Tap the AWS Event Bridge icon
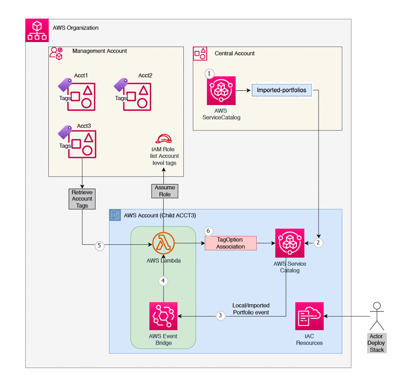tap(163, 316)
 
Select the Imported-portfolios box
tap(281, 90)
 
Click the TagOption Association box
tap(231, 243)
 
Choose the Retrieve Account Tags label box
tap(82, 199)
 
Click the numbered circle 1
tap(209, 74)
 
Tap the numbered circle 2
tap(318, 243)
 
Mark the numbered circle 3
tap(220, 315)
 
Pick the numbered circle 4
tap(163, 281)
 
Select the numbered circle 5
tap(100, 246)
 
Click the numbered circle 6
tap(208, 231)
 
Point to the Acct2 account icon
tap(137, 95)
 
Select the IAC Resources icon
tap(309, 316)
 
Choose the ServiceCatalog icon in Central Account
tap(221, 91)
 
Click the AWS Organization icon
tap(37, 30)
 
